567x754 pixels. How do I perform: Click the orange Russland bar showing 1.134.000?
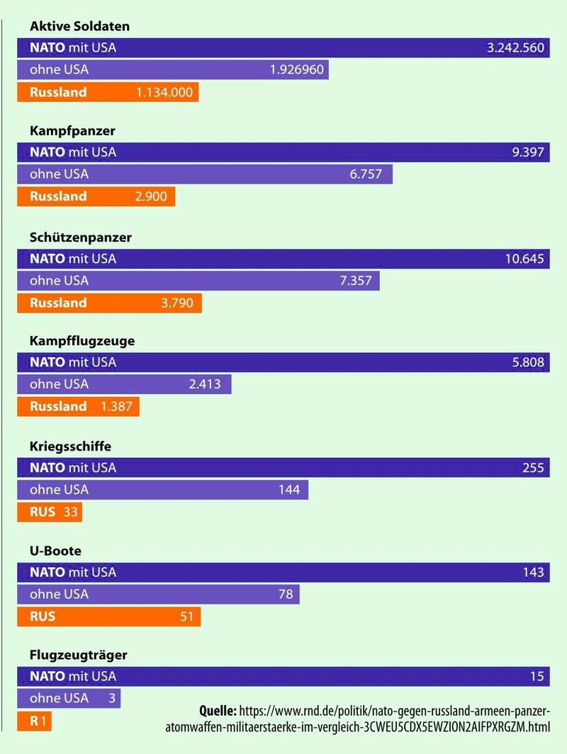click(x=108, y=92)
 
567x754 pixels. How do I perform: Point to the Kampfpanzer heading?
click(x=72, y=131)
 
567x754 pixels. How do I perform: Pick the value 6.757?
click(x=367, y=174)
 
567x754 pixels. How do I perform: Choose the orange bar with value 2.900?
click(x=96, y=196)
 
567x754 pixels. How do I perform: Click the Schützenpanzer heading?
click(x=80, y=237)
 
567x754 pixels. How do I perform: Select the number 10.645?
click(x=524, y=259)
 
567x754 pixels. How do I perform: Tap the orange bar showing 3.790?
click(x=109, y=303)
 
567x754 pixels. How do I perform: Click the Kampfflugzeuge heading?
click(x=82, y=341)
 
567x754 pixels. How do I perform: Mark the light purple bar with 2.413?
click(x=125, y=384)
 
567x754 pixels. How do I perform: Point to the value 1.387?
click(x=117, y=407)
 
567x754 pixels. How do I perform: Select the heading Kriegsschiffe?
click(x=70, y=447)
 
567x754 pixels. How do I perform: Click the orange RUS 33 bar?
click(x=54, y=512)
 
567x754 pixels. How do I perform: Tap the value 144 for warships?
click(x=288, y=490)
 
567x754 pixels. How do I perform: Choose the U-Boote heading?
click(x=60, y=551)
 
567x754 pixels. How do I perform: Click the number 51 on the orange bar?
click(x=186, y=616)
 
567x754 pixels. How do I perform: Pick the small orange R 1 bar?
click(x=35, y=722)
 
